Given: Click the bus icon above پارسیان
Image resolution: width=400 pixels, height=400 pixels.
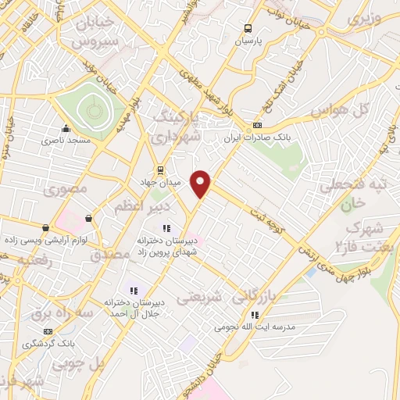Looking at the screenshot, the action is point(248,26).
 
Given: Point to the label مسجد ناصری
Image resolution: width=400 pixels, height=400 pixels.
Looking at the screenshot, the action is point(67,140).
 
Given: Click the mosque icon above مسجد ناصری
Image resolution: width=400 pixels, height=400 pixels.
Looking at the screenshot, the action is point(66,129).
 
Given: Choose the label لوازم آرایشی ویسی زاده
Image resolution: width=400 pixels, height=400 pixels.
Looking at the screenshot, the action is point(45,239).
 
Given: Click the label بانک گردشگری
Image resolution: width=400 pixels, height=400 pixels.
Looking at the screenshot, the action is point(48,343).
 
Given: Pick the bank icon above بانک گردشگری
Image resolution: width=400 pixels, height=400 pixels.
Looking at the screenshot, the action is point(48,332).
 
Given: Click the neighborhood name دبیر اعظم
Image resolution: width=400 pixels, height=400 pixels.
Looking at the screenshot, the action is point(137,206).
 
